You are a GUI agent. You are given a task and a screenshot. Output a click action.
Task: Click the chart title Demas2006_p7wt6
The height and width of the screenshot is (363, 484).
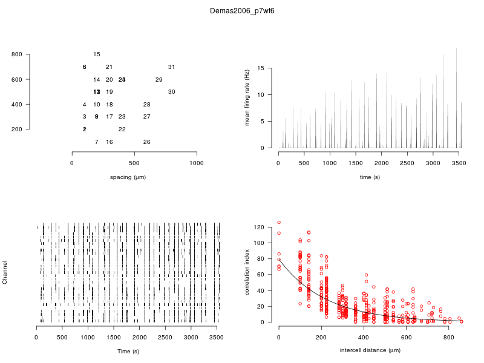pos(242,11)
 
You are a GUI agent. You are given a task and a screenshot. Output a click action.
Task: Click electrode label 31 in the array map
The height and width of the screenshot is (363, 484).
pos(171,67)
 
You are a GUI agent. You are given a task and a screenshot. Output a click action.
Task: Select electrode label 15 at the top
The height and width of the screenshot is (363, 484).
pos(97,54)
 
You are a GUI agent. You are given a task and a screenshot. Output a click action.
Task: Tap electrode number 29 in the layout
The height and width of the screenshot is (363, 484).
pos(159,80)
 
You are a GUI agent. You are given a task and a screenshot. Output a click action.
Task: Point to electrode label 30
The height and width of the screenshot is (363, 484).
pos(171,92)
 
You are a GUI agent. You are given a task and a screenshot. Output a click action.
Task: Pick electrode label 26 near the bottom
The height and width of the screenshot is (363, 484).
pos(146,142)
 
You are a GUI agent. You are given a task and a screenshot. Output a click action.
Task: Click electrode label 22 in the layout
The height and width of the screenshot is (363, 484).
pos(122,129)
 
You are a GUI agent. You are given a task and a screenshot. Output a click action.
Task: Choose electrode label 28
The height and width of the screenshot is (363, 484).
pos(146,105)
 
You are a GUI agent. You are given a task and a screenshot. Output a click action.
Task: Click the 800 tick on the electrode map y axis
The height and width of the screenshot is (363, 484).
pos(17,55)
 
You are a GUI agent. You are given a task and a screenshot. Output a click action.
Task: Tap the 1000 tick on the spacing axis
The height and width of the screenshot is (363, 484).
pos(197,163)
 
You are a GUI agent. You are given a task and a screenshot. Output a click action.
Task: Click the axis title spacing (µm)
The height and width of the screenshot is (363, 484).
pos(128,177)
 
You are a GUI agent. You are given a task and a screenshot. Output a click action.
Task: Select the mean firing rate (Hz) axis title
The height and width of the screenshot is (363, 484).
pos(247,97)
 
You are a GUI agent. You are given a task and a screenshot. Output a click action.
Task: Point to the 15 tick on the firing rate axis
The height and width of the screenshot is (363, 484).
pos(261,68)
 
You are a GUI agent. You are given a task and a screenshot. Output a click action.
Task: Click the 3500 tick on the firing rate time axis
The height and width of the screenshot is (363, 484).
pos(459,163)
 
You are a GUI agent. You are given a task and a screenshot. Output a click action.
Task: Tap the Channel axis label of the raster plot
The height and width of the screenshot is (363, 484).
pos(5,273)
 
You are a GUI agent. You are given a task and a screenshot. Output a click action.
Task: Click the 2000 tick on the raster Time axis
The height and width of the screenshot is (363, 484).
pos(140,338)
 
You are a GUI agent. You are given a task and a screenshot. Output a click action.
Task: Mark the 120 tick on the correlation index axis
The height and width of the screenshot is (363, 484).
pos(259,227)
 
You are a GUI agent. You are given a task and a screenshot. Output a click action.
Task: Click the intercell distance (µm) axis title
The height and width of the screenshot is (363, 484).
pos(370,350)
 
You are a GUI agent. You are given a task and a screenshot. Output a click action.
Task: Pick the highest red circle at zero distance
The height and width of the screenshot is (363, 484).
pos(279,223)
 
